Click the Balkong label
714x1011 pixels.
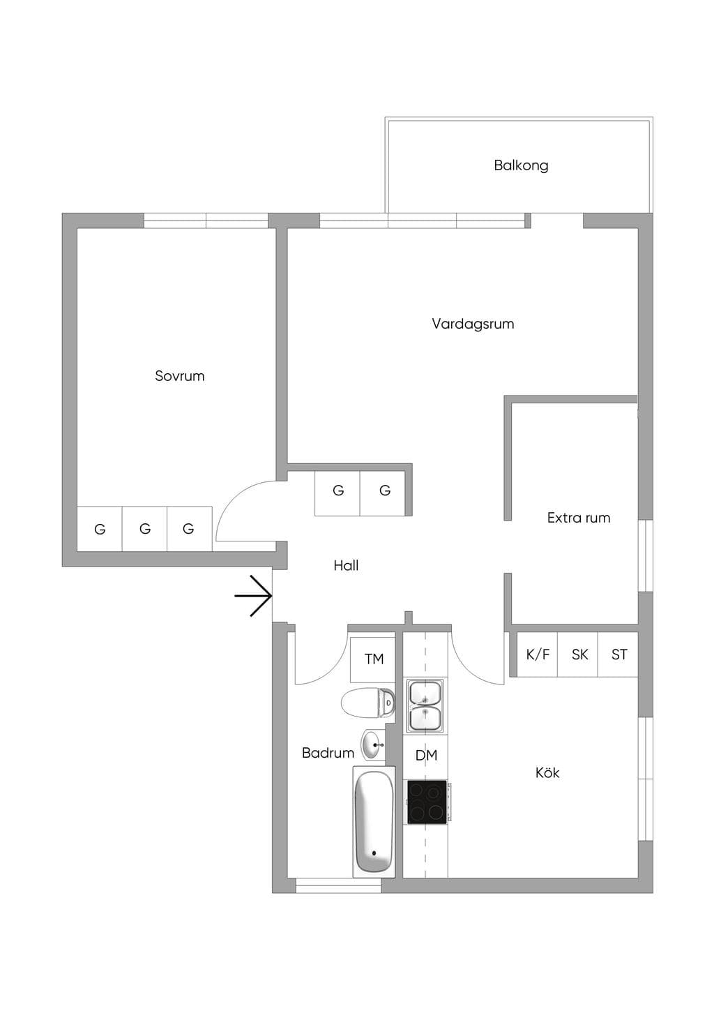pos(521,165)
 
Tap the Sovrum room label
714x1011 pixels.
pos(179,376)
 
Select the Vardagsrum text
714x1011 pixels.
pos(473,324)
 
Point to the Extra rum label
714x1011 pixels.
pos(579,518)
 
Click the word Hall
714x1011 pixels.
pos(346,566)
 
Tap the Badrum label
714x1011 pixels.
pos(328,753)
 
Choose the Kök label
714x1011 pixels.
pos(547,772)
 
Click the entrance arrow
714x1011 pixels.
pos(253,597)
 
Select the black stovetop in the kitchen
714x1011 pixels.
pos(427,801)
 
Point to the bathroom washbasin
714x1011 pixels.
pos(372,745)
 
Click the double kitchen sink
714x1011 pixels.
pos(425,705)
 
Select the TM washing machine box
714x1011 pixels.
pos(372,660)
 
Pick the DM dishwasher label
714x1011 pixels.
pos(426,755)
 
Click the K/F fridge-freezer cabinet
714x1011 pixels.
pos(537,654)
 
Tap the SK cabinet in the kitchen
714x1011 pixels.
pos(578,654)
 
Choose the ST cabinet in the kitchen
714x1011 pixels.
pos(618,654)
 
